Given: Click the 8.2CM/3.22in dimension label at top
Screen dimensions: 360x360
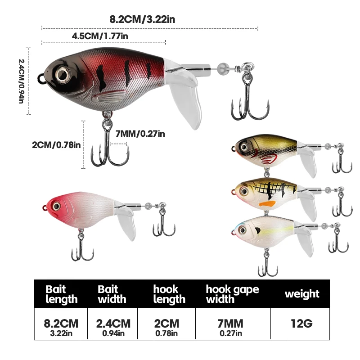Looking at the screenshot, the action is (142, 19).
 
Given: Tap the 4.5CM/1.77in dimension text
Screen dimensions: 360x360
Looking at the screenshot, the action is (100, 36).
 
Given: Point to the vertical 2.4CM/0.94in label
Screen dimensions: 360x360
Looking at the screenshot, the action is (21, 81).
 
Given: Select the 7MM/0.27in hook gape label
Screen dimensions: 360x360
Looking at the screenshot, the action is (140, 134).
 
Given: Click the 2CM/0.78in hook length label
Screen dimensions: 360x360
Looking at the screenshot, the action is (56, 145).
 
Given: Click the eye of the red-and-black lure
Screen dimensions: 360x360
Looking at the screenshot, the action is (62, 74).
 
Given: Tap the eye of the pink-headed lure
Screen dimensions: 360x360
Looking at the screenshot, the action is (56, 206).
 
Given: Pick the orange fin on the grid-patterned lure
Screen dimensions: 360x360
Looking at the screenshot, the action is (267, 204).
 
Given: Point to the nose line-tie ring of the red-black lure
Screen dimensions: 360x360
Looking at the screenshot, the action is (41, 78).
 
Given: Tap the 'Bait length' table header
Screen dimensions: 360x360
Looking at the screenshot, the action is (61, 294).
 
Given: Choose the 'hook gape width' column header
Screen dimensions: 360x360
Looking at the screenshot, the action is (232, 294).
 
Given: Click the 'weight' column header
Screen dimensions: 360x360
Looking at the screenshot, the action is (302, 294).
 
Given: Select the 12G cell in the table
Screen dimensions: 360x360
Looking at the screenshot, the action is (301, 324).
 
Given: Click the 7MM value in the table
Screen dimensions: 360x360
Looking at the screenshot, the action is (230, 324).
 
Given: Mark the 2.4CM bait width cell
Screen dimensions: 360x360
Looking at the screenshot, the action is (113, 324).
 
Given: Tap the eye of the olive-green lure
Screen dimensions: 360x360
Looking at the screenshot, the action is (244, 147).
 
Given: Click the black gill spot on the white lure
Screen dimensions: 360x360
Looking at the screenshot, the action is (257, 230).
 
